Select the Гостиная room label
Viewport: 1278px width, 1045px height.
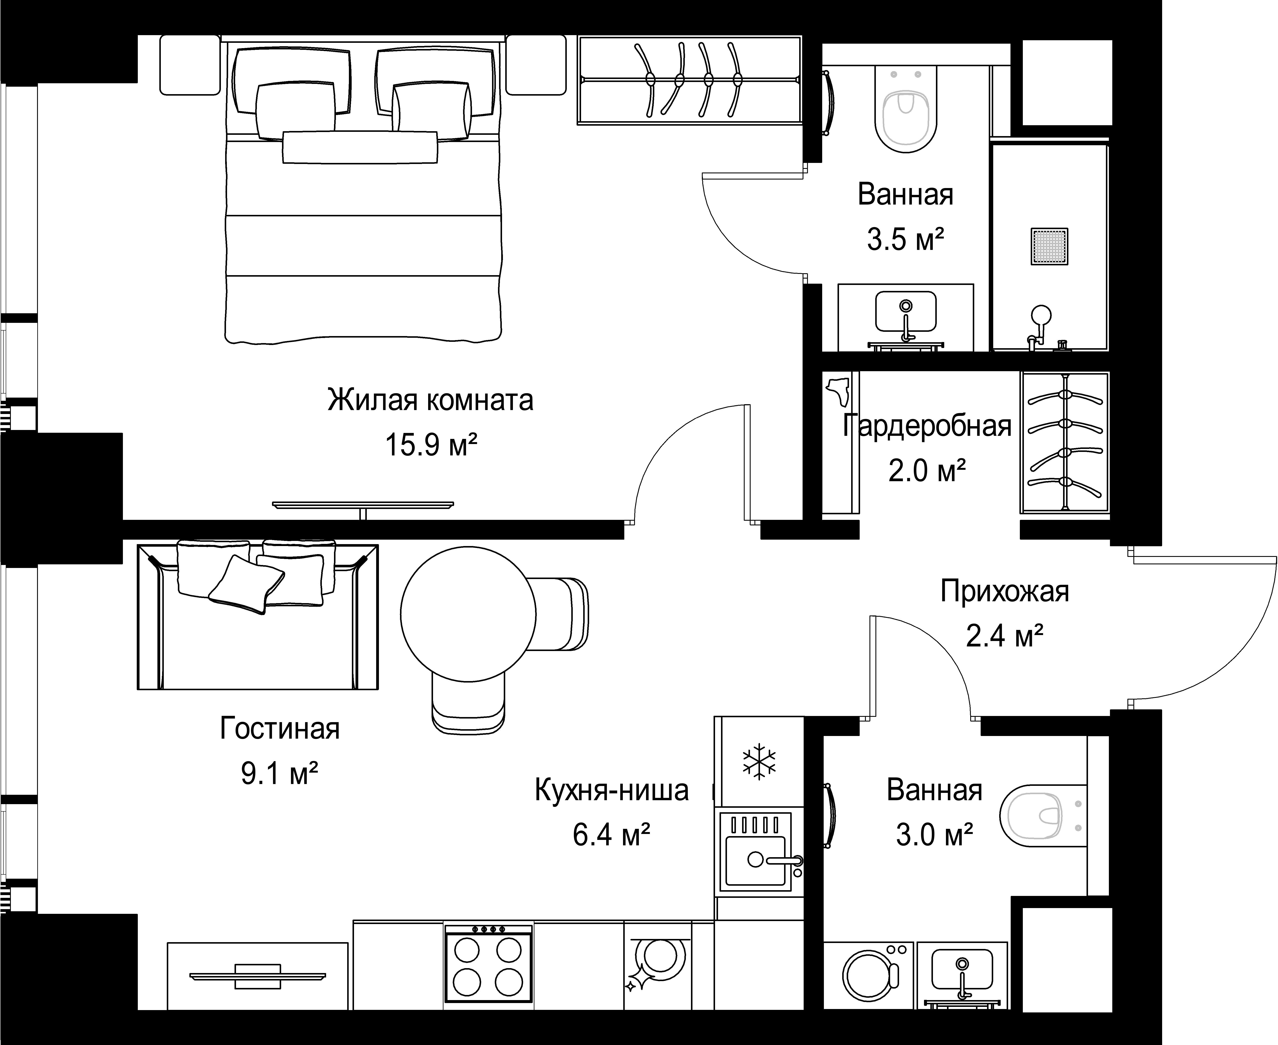coord(280,728)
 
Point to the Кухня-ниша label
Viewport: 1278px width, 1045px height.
coord(612,790)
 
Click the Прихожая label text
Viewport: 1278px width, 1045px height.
coord(1005,592)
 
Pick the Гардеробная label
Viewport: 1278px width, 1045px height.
coord(927,425)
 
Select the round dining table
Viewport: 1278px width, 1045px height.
coord(468,614)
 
